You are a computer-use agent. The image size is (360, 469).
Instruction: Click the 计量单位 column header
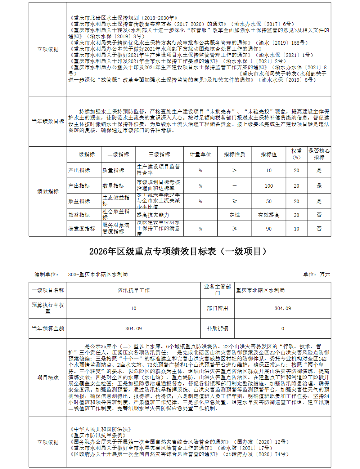(200, 154)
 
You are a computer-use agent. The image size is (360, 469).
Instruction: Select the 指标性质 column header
(234, 154)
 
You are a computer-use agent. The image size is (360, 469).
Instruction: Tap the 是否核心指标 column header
(319, 154)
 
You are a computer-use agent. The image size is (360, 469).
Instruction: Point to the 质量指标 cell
(113, 170)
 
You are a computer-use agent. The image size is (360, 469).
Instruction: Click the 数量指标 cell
(113, 186)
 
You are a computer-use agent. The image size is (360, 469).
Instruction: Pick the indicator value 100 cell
(269, 186)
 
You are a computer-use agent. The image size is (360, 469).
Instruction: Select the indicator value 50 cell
(269, 201)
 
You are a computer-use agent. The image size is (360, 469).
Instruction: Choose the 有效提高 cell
(269, 215)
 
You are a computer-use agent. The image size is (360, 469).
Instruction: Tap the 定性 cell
(234, 215)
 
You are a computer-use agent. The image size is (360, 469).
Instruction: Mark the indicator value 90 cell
(269, 229)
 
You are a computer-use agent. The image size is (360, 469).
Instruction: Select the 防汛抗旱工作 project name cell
(134, 290)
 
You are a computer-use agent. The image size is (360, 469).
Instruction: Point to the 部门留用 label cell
(217, 308)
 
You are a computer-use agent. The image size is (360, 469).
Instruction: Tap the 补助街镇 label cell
(217, 329)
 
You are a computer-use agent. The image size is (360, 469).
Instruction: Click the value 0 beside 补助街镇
(283, 329)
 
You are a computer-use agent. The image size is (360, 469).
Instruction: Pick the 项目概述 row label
(48, 378)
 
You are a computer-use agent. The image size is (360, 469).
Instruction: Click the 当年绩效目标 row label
(48, 121)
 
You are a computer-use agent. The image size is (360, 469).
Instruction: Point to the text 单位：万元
(316, 274)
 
